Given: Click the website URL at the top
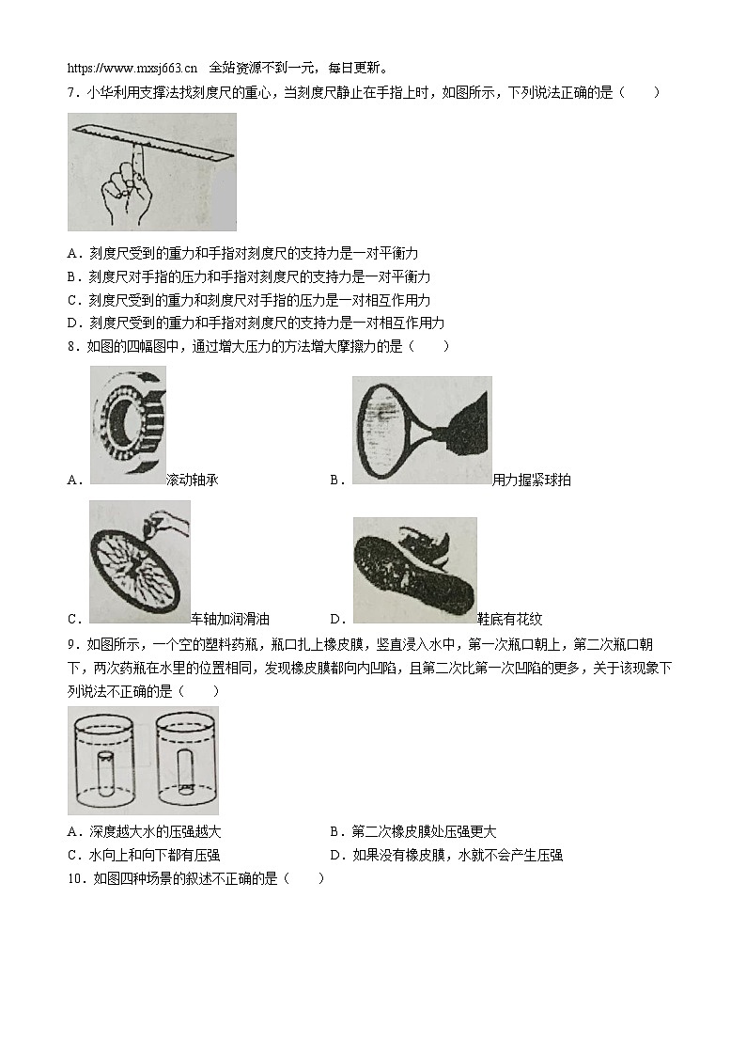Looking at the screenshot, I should pyautogui.click(x=132, y=68).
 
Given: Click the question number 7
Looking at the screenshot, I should pyautogui.click(x=72, y=92).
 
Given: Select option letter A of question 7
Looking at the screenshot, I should pyautogui.click(x=72, y=254).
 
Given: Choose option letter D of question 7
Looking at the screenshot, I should pyautogui.click(x=72, y=323).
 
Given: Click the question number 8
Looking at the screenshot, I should pyautogui.click(x=72, y=346).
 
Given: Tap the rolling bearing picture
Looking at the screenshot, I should pyautogui.click(x=129, y=424).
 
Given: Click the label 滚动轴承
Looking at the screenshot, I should pyautogui.click(x=192, y=481).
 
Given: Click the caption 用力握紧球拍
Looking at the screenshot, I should pyautogui.click(x=531, y=481).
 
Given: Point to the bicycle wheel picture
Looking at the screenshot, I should pyautogui.click(x=139, y=561).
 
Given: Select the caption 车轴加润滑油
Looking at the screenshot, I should pyautogui.click(x=230, y=619).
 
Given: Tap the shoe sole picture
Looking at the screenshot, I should pyautogui.click(x=414, y=569).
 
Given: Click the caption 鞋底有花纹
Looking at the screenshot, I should pyautogui.click(x=509, y=619).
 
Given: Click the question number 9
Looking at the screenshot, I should pyautogui.click(x=72, y=644).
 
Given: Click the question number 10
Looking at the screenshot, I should pyautogui.click(x=75, y=878).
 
